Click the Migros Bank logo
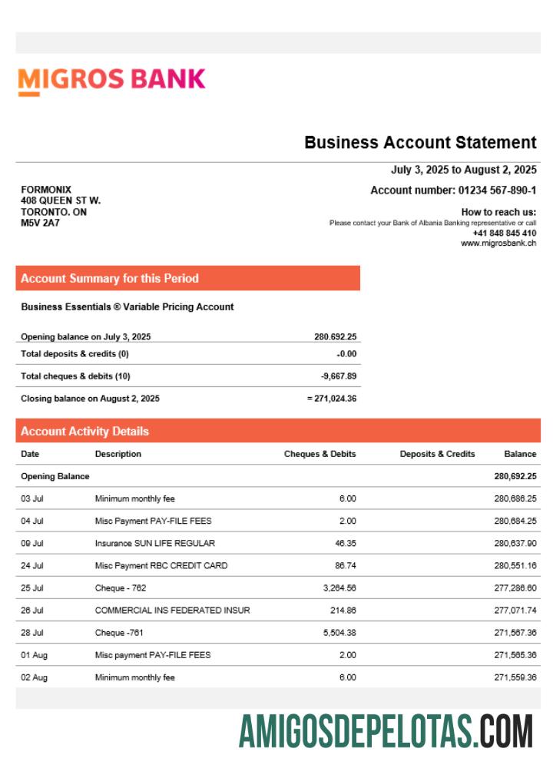click(x=111, y=79)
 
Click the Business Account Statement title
click(x=420, y=142)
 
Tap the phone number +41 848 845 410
click(x=504, y=233)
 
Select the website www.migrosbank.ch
click(x=498, y=243)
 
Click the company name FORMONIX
click(x=46, y=190)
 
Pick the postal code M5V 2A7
click(x=40, y=223)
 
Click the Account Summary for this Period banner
click(x=187, y=278)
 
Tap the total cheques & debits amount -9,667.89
click(x=338, y=376)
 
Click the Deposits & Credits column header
click(x=437, y=454)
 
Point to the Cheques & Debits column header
click(x=320, y=454)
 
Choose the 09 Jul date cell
click(x=32, y=543)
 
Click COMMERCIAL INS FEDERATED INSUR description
click(x=172, y=611)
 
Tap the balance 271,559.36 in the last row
click(x=515, y=677)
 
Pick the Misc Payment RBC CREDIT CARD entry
click(x=161, y=566)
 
